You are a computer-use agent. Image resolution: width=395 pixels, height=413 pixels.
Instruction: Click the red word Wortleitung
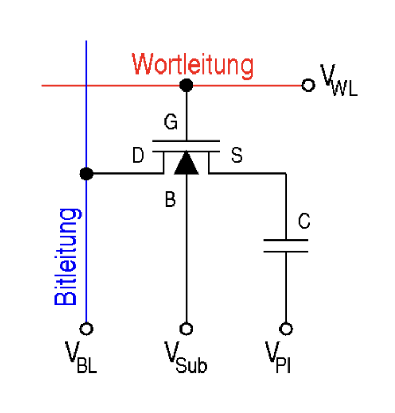click(x=193, y=64)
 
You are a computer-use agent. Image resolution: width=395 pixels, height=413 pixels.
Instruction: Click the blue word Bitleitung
click(x=68, y=257)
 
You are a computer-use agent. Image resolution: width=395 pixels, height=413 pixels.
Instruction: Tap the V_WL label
click(x=338, y=81)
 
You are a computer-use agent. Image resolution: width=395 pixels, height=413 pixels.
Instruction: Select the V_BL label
click(x=81, y=356)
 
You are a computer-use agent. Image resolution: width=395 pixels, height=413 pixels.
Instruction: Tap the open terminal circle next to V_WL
click(x=308, y=85)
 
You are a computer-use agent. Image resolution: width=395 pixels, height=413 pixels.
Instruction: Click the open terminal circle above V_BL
click(x=86, y=328)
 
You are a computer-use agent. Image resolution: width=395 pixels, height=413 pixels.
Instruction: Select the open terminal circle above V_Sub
click(x=186, y=328)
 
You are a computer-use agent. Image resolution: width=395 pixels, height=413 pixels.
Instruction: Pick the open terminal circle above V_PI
click(x=286, y=328)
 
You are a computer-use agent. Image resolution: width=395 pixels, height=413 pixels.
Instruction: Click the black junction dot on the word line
click(x=186, y=85)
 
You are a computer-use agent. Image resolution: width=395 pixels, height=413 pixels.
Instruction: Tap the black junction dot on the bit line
click(x=86, y=174)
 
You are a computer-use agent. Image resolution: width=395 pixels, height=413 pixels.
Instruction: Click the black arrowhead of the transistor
click(x=186, y=163)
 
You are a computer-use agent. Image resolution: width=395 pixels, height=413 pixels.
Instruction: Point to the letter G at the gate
click(x=170, y=123)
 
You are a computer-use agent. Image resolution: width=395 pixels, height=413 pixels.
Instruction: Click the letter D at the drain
click(x=138, y=156)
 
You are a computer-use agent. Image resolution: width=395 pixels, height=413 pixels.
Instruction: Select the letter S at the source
click(x=236, y=156)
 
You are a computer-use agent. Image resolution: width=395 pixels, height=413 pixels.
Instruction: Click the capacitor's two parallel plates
click(x=286, y=246)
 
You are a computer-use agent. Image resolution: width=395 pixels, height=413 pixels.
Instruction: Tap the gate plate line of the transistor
click(x=186, y=142)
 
